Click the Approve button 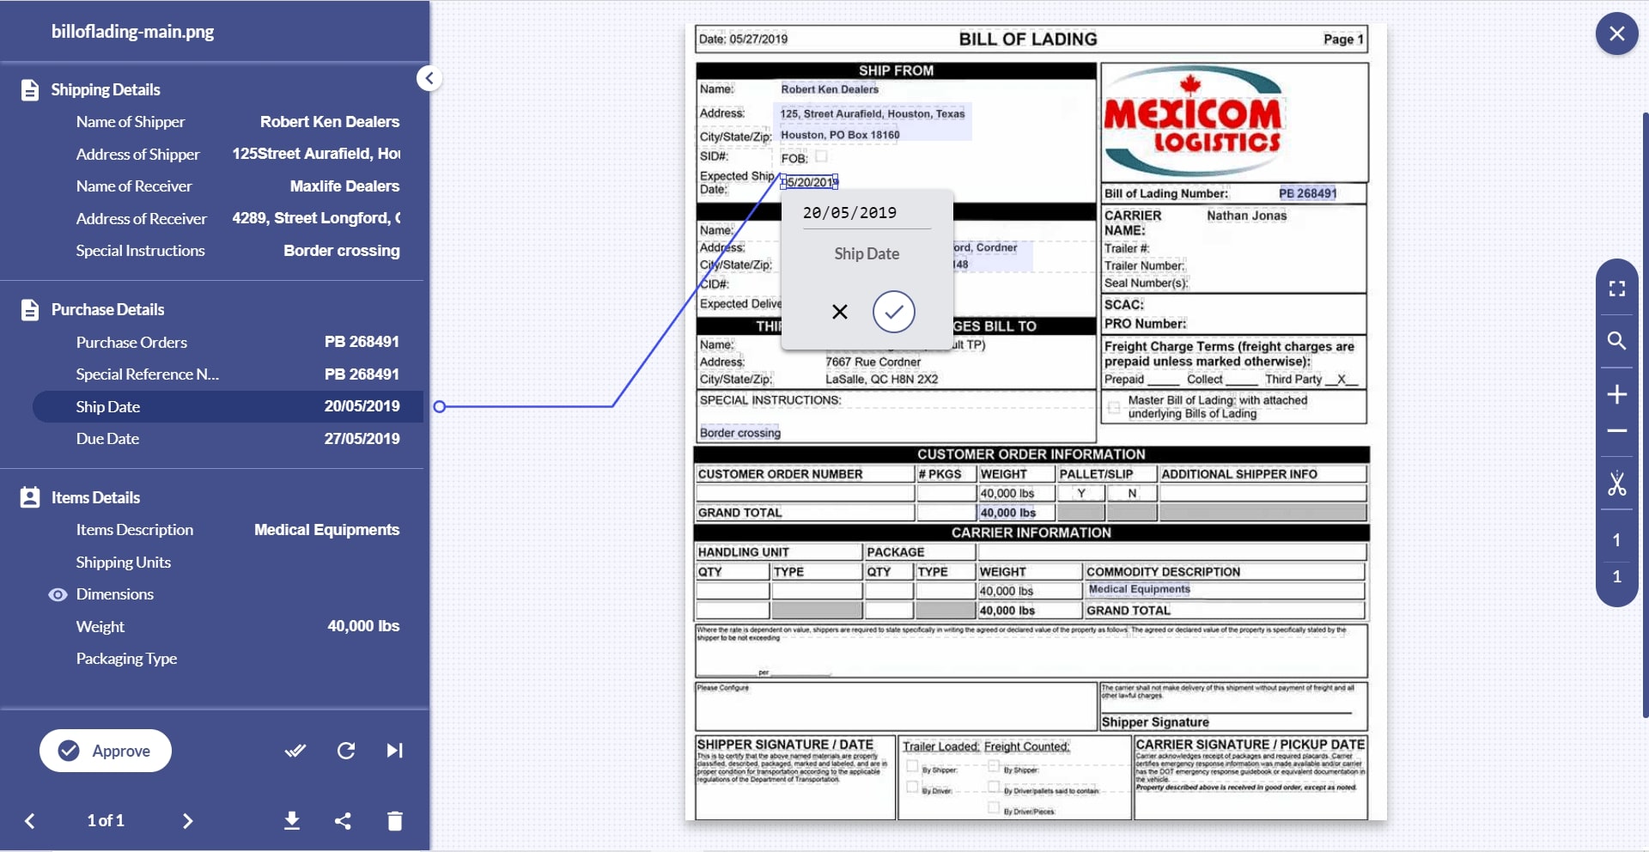(106, 751)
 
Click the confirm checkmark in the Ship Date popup (893, 312)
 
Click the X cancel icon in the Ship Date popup (840, 312)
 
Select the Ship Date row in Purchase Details (228, 406)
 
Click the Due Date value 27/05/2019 (362, 439)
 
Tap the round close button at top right (1616, 33)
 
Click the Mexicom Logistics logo (1192, 123)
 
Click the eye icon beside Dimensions (58, 594)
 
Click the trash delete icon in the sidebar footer (395, 821)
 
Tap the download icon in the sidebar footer (292, 821)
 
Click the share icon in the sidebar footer (343, 821)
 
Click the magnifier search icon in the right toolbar (1616, 341)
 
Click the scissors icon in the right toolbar (1616, 484)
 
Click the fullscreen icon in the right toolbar (1616, 289)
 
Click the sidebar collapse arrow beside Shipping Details (429, 78)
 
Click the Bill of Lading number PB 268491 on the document (1307, 193)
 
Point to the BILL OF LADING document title (1027, 40)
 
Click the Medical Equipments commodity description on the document (1139, 589)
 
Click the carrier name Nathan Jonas (1246, 216)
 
